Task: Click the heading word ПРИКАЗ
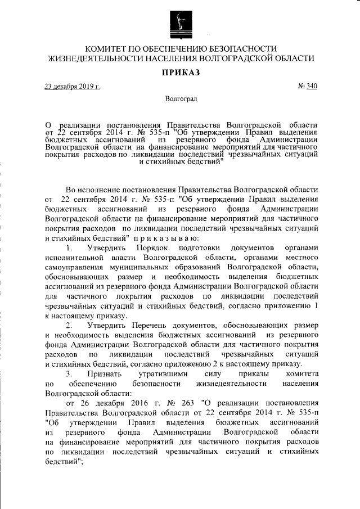[181, 72]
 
